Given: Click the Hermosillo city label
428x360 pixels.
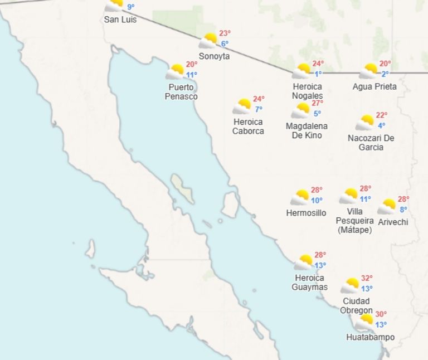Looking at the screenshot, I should click(306, 213).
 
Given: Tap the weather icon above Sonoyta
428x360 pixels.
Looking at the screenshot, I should click(208, 41).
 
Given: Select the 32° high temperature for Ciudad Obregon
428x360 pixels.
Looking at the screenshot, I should click(366, 278).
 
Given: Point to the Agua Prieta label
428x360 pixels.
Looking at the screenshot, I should click(374, 86).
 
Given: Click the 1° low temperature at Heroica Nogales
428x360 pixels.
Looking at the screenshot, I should click(318, 74).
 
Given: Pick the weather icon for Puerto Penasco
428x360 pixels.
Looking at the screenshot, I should click(175, 71).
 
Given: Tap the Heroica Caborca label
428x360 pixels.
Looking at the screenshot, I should click(248, 127).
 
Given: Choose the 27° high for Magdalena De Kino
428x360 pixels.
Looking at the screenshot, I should click(317, 103).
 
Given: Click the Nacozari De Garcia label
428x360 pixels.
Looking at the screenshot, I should click(371, 143).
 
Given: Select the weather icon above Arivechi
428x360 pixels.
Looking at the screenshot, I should click(387, 207).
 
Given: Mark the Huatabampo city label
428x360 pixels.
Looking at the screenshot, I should click(370, 337).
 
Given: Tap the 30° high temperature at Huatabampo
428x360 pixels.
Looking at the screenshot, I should click(381, 314).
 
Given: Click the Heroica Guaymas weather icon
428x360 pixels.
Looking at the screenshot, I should click(304, 262).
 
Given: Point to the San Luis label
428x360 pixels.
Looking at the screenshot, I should click(120, 20).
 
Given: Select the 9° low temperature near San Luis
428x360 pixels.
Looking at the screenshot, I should click(131, 7).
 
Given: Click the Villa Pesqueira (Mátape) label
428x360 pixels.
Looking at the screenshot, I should click(354, 221).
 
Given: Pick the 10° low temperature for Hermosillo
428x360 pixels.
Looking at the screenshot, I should click(317, 201).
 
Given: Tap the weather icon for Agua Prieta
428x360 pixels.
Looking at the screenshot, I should click(368, 71).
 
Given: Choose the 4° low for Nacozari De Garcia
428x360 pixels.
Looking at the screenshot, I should click(381, 125).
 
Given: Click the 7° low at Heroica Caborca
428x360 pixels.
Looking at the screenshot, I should click(259, 109).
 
